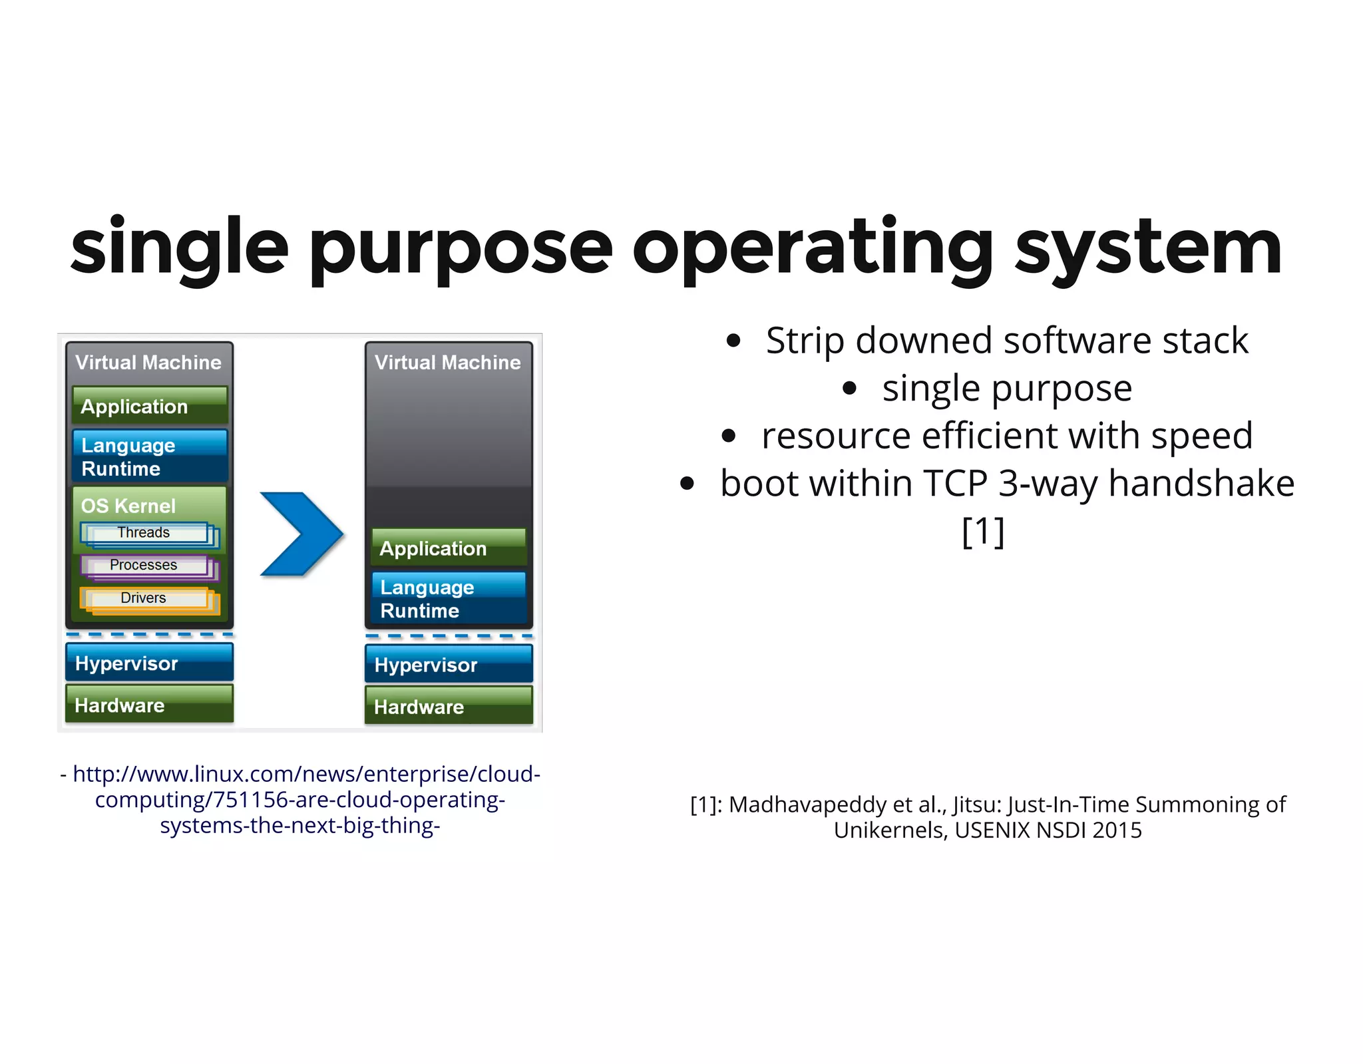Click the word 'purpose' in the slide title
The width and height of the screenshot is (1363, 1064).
[x=461, y=250]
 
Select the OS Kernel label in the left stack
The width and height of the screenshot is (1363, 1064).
[x=128, y=506]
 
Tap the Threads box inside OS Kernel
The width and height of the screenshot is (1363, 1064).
[x=144, y=533]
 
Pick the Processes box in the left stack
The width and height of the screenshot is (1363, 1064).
[x=144, y=565]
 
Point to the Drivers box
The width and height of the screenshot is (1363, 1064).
[x=144, y=598]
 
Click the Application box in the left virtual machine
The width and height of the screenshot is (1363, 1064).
[x=150, y=406]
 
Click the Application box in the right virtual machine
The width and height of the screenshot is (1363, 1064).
[x=449, y=548]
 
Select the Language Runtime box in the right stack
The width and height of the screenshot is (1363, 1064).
[x=449, y=598]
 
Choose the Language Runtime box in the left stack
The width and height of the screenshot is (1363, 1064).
[x=150, y=456]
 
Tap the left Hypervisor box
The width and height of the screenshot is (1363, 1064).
[x=150, y=663]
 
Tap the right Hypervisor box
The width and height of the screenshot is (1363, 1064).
[x=449, y=664]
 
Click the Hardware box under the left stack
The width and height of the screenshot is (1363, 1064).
[x=150, y=705]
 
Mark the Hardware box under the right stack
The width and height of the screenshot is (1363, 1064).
[x=449, y=706]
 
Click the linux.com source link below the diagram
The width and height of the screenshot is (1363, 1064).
[x=300, y=799]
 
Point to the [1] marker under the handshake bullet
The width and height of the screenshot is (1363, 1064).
[x=983, y=531]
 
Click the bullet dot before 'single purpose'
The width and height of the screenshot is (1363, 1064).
[x=849, y=389]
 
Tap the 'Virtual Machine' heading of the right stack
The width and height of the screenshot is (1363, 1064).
[x=447, y=362]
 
